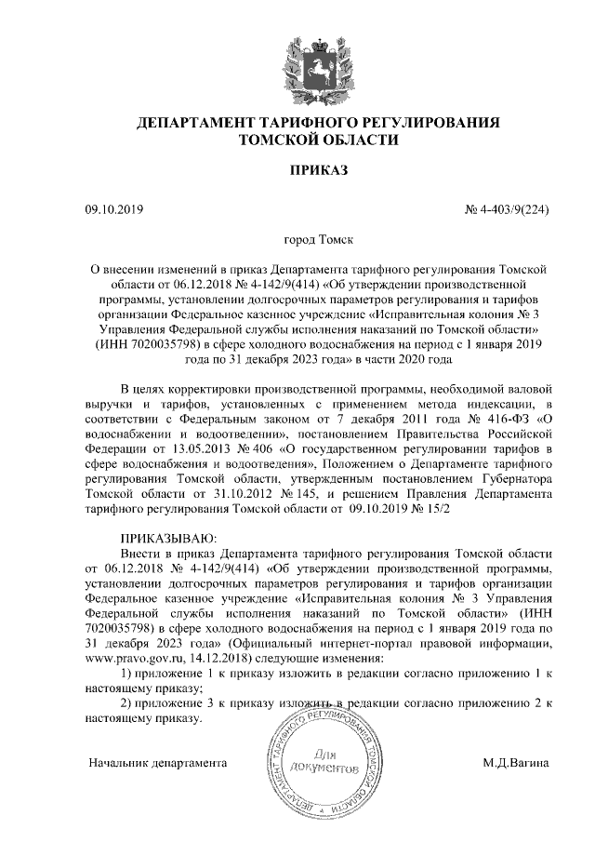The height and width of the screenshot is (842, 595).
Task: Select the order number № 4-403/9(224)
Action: coord(507,211)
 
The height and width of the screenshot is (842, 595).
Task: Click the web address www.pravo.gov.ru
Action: coord(131,658)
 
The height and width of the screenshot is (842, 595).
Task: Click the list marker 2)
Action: coord(131,702)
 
